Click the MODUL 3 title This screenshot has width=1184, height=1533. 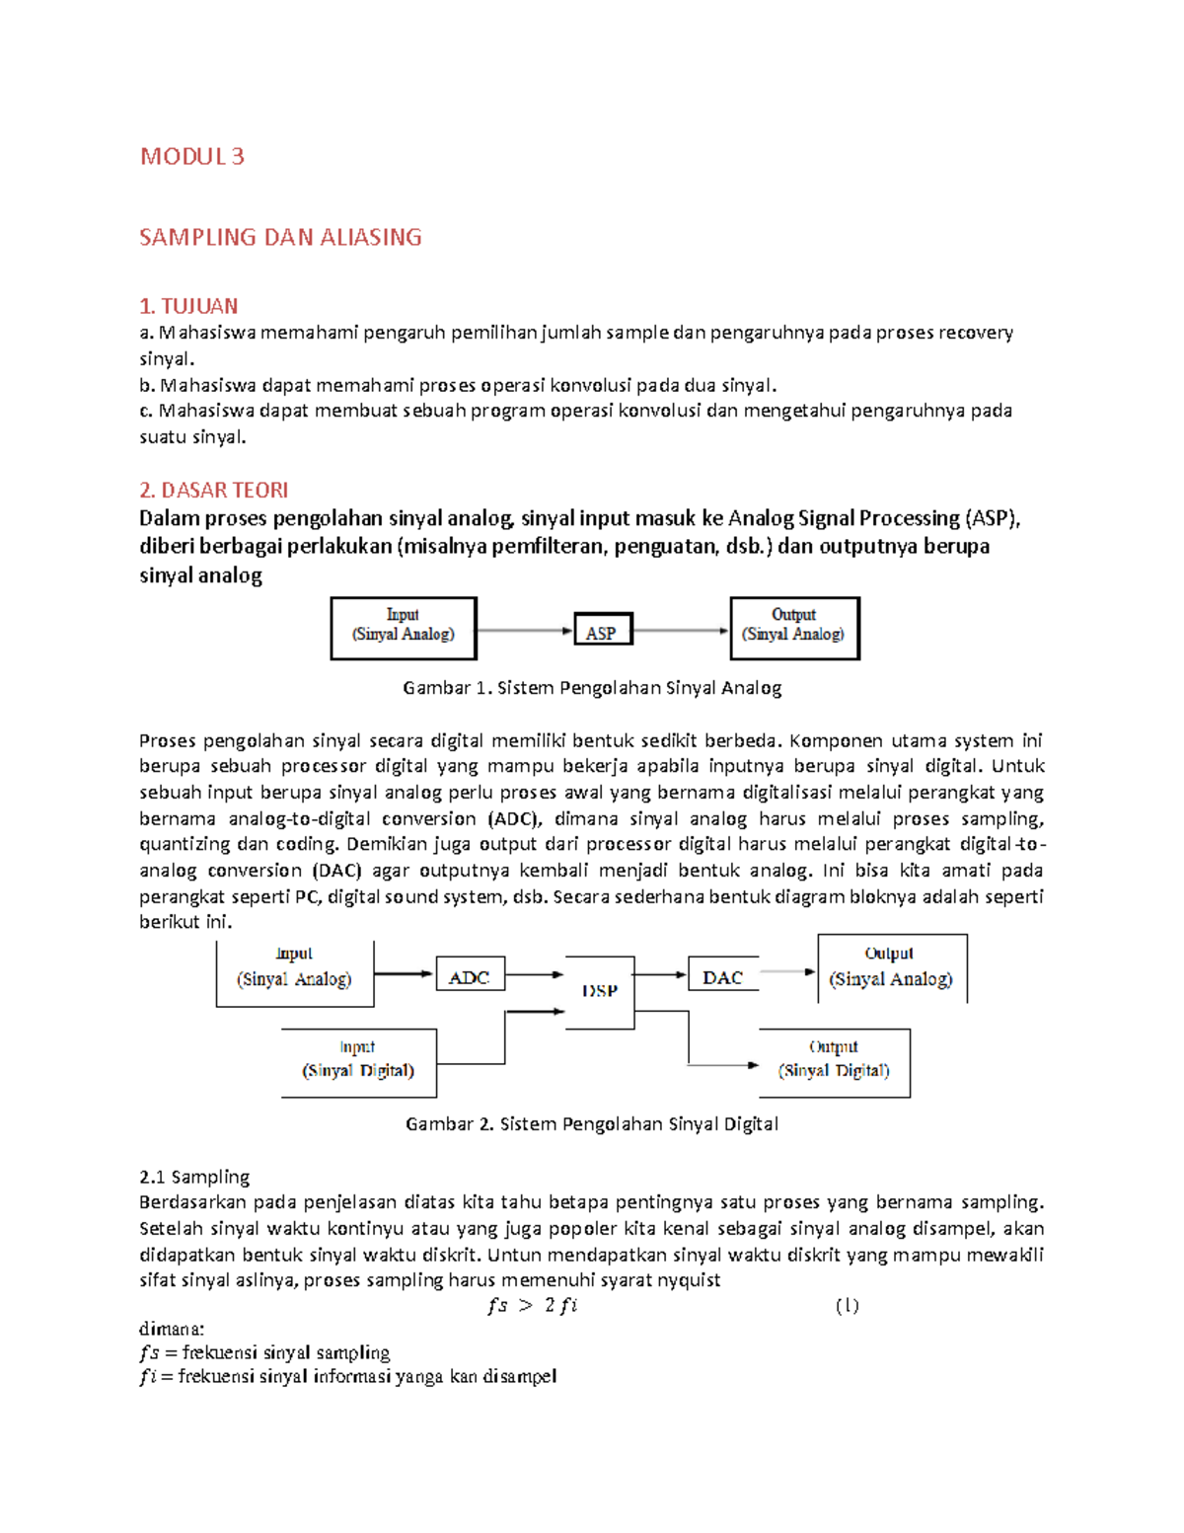click(191, 156)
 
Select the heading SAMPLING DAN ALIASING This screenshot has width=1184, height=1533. click(280, 237)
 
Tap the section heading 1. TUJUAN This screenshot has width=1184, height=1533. click(188, 306)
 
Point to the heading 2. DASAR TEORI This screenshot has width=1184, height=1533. click(213, 490)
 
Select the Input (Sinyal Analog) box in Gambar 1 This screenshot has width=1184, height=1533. click(404, 628)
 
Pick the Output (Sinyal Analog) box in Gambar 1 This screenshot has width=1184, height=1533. click(794, 628)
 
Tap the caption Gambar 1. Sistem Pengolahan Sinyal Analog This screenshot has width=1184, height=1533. click(592, 688)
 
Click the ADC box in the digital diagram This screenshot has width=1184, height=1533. click(470, 975)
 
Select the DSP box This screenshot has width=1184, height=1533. click(600, 991)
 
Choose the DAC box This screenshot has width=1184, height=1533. click(722, 976)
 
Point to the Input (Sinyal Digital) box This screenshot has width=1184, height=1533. click(358, 1062)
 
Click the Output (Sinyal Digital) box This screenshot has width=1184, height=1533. click(834, 1062)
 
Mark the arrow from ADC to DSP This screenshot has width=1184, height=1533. click(534, 975)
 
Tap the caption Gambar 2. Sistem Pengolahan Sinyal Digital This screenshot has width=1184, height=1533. click(592, 1123)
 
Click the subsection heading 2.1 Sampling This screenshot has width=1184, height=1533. click(194, 1177)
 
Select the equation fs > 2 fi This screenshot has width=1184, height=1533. click(533, 1305)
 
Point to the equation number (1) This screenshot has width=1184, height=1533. click(847, 1305)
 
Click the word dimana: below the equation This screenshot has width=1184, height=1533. click(172, 1329)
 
